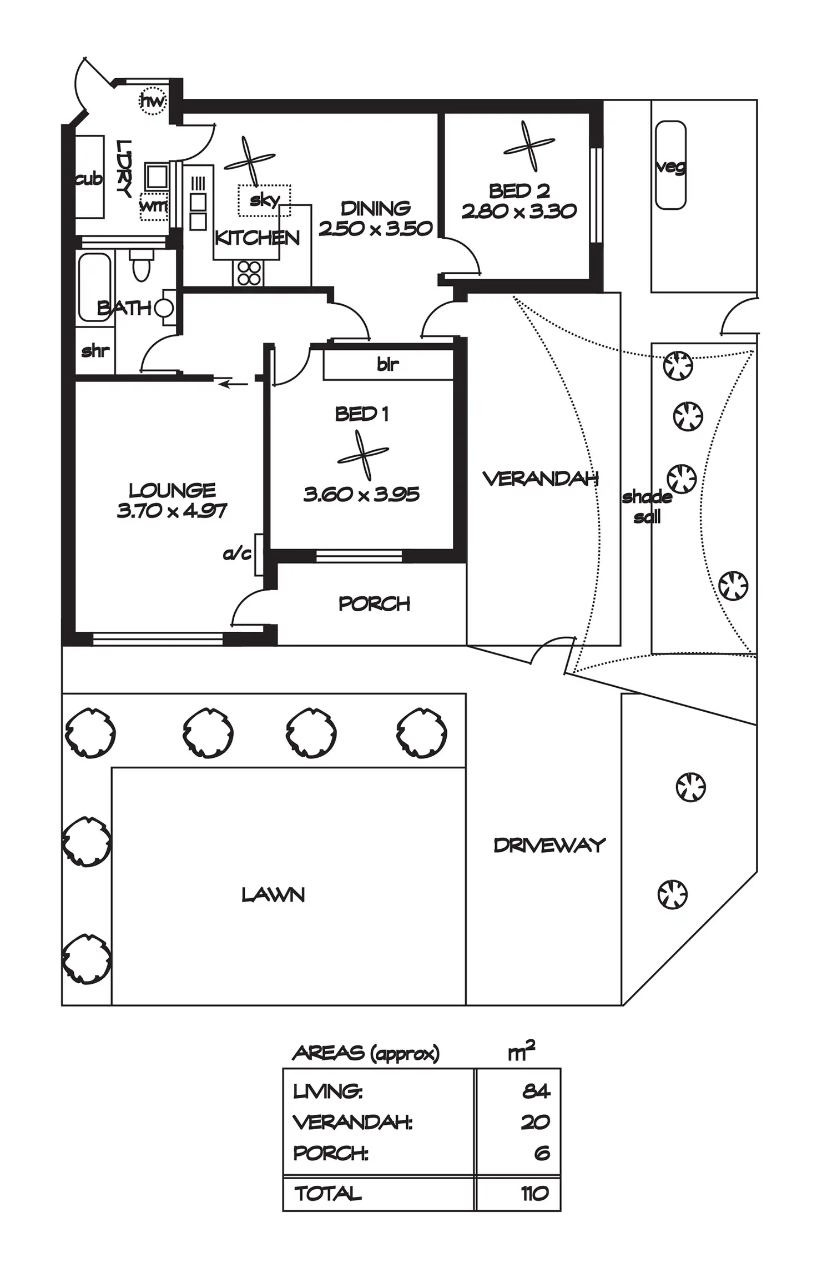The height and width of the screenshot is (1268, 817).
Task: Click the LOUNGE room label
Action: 172,491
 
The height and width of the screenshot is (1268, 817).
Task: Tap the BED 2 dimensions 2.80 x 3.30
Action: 519,212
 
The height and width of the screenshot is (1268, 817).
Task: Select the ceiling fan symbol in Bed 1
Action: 364,456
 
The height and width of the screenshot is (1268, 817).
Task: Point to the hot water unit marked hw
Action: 153,101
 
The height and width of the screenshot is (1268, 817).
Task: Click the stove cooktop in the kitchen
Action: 249,273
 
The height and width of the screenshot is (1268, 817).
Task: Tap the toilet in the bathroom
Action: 141,265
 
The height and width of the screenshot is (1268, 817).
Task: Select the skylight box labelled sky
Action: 264,200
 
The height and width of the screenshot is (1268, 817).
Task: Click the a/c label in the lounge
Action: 237,554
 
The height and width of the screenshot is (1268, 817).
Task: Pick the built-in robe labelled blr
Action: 388,364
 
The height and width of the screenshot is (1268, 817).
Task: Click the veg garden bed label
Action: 670,167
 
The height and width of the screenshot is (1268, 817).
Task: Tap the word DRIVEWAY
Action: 549,846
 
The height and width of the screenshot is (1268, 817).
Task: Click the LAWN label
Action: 273,895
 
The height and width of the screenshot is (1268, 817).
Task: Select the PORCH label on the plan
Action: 374,603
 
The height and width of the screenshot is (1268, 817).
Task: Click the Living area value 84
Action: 536,1091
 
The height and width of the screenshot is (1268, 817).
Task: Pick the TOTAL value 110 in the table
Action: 534,1193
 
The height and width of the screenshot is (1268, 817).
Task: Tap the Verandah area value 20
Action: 535,1122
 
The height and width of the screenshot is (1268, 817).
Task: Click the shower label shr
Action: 95,351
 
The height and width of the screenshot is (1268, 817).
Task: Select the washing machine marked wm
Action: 153,206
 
